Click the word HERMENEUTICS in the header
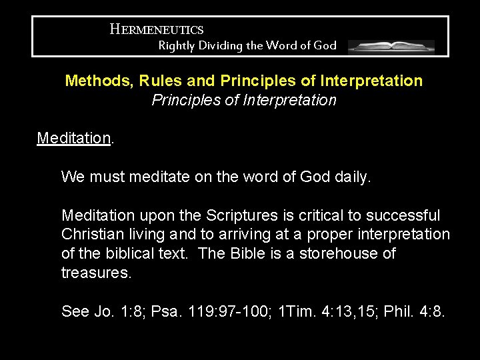pos(157,29)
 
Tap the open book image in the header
pos(391,47)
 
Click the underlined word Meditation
pos(73,139)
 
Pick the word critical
pos(327,216)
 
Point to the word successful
pos(405,216)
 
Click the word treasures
pos(96,273)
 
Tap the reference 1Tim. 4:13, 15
pos(316,311)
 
